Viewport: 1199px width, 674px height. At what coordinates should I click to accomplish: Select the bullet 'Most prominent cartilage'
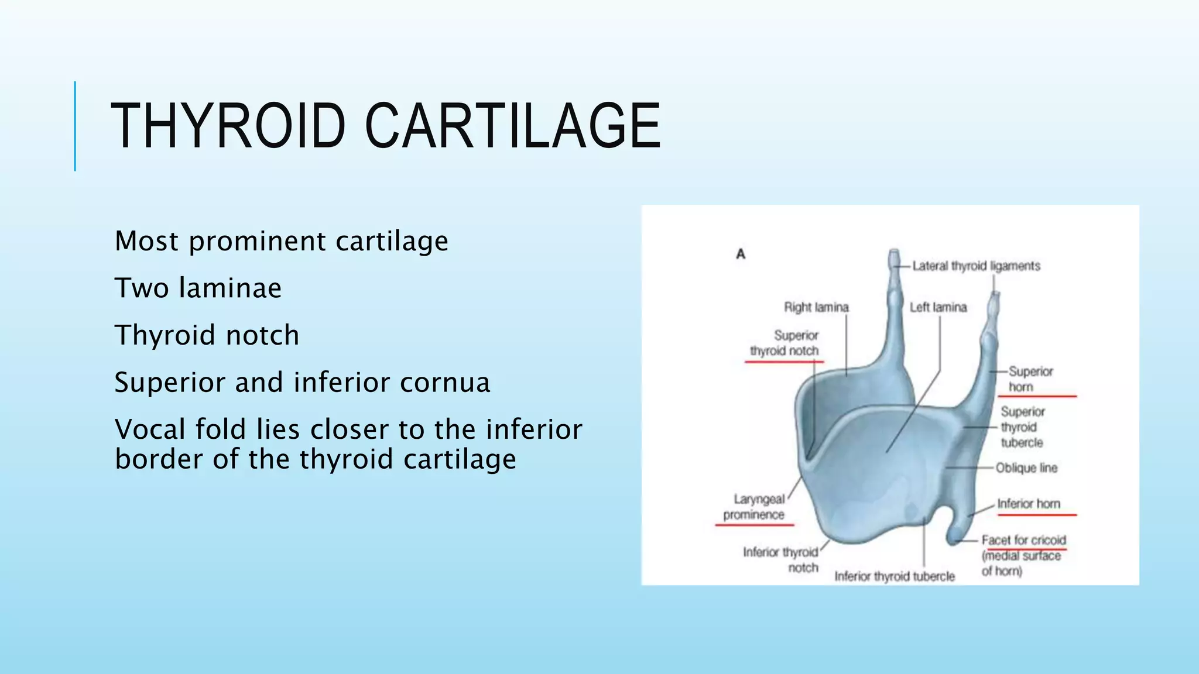281,241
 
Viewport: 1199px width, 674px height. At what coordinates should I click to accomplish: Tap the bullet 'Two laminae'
198,288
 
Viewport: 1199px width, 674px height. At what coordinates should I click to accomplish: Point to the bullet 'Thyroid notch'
207,335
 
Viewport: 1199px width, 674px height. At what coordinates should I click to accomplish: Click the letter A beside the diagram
741,254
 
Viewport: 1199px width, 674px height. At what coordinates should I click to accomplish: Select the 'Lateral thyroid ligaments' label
976,266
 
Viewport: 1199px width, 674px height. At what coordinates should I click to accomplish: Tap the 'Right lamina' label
816,307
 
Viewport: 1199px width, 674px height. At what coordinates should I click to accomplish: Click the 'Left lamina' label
938,307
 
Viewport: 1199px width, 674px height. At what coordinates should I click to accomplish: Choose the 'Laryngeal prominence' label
755,507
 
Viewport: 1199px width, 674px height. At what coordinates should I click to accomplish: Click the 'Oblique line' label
1026,468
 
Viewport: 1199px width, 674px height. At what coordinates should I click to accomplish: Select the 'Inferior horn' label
1028,504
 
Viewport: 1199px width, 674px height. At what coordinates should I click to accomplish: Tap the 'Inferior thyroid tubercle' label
894,577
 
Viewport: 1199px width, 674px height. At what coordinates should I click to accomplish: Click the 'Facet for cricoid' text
1023,540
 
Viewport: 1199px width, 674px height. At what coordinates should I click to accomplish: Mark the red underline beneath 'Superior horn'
1037,397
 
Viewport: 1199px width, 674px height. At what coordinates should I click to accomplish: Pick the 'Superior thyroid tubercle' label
1022,427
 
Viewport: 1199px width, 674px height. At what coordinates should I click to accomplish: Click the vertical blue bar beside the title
75,126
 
